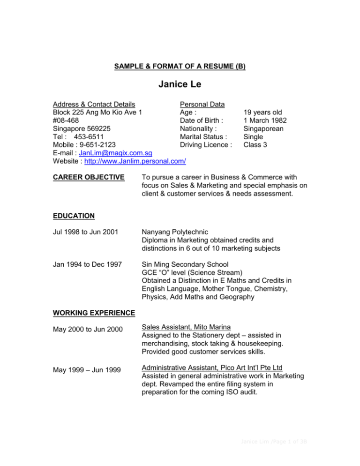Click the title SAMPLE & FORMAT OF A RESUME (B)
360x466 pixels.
180,67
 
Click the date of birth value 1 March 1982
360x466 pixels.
265,121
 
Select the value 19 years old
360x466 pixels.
262,113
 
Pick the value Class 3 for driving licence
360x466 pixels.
255,145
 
